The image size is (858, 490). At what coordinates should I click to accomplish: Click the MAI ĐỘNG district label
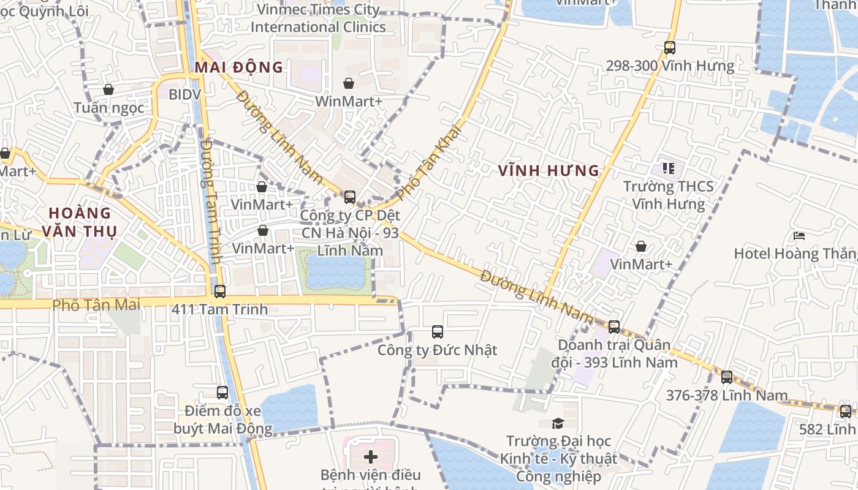tap(239, 67)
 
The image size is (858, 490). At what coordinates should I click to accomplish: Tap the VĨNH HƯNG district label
tap(549, 171)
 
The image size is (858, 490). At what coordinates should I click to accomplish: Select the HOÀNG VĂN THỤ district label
tap(80, 222)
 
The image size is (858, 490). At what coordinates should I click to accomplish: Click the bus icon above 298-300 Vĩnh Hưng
tap(669, 47)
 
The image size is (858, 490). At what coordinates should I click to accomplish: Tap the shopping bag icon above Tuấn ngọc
tap(108, 89)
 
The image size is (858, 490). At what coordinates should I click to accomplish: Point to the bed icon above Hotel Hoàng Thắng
tap(799, 235)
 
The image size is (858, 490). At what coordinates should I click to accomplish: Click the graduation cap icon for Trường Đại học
tap(558, 423)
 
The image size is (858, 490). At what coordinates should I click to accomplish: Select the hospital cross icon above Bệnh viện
tap(371, 456)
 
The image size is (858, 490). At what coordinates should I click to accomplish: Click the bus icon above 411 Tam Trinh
tap(219, 291)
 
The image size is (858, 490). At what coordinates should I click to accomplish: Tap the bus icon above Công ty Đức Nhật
tap(437, 332)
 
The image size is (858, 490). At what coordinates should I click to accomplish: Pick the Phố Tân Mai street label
tap(96, 304)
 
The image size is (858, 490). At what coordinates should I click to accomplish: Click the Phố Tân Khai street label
tap(427, 162)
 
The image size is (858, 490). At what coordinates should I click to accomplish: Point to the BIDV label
tap(184, 94)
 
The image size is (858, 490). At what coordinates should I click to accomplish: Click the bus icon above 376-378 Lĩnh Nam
tap(726, 377)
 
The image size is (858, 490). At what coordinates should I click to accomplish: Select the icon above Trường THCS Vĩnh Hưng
tap(668, 168)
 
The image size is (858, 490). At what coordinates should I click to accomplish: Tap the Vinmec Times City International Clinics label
tap(318, 18)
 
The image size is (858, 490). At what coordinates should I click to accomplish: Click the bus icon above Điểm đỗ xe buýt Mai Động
tap(222, 393)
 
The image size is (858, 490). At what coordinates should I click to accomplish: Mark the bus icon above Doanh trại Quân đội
tap(614, 327)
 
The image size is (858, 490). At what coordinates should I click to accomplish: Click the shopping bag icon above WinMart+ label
tap(348, 83)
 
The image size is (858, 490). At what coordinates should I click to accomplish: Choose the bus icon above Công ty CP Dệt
tap(349, 197)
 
